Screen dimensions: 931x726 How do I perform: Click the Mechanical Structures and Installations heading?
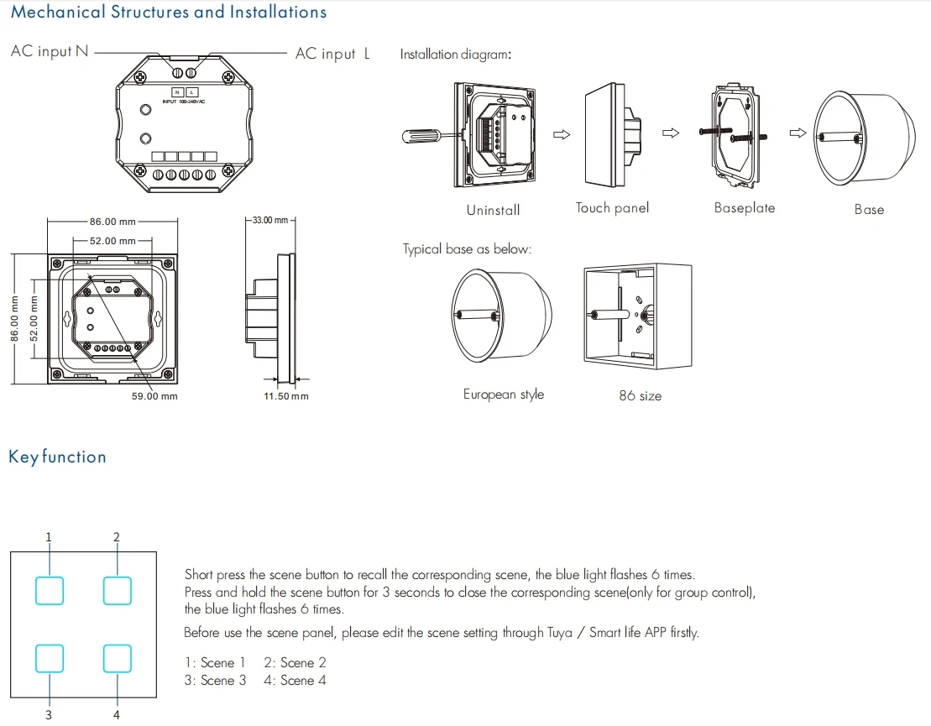pyautogui.click(x=169, y=12)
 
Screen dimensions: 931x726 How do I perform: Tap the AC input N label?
pyautogui.click(x=50, y=52)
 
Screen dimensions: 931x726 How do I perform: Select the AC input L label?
pyautogui.click(x=332, y=54)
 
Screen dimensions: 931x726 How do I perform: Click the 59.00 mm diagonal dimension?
pyautogui.click(x=154, y=396)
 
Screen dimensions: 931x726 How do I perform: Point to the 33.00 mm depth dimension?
pyautogui.click(x=270, y=220)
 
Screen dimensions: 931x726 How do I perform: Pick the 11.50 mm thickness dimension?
pyautogui.click(x=286, y=396)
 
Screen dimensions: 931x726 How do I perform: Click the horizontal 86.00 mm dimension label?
pyautogui.click(x=112, y=222)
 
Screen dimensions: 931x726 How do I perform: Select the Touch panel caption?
pyautogui.click(x=612, y=208)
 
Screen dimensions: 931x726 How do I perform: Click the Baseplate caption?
pyautogui.click(x=745, y=208)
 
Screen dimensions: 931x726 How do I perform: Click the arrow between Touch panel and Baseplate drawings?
pyautogui.click(x=671, y=133)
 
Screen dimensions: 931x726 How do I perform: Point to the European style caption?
pyautogui.click(x=504, y=394)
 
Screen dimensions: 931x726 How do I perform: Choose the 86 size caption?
pyautogui.click(x=640, y=395)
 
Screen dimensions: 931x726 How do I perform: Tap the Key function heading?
pyautogui.click(x=58, y=457)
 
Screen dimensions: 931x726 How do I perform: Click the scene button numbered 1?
pyautogui.click(x=50, y=591)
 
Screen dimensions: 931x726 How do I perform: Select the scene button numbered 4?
pyautogui.click(x=118, y=658)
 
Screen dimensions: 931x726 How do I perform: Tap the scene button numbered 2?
pyautogui.click(x=118, y=591)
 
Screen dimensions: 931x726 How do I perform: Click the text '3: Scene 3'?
pyautogui.click(x=215, y=681)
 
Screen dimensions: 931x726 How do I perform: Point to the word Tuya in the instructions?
pyautogui.click(x=559, y=633)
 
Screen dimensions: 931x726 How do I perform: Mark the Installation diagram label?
pyautogui.click(x=455, y=54)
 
